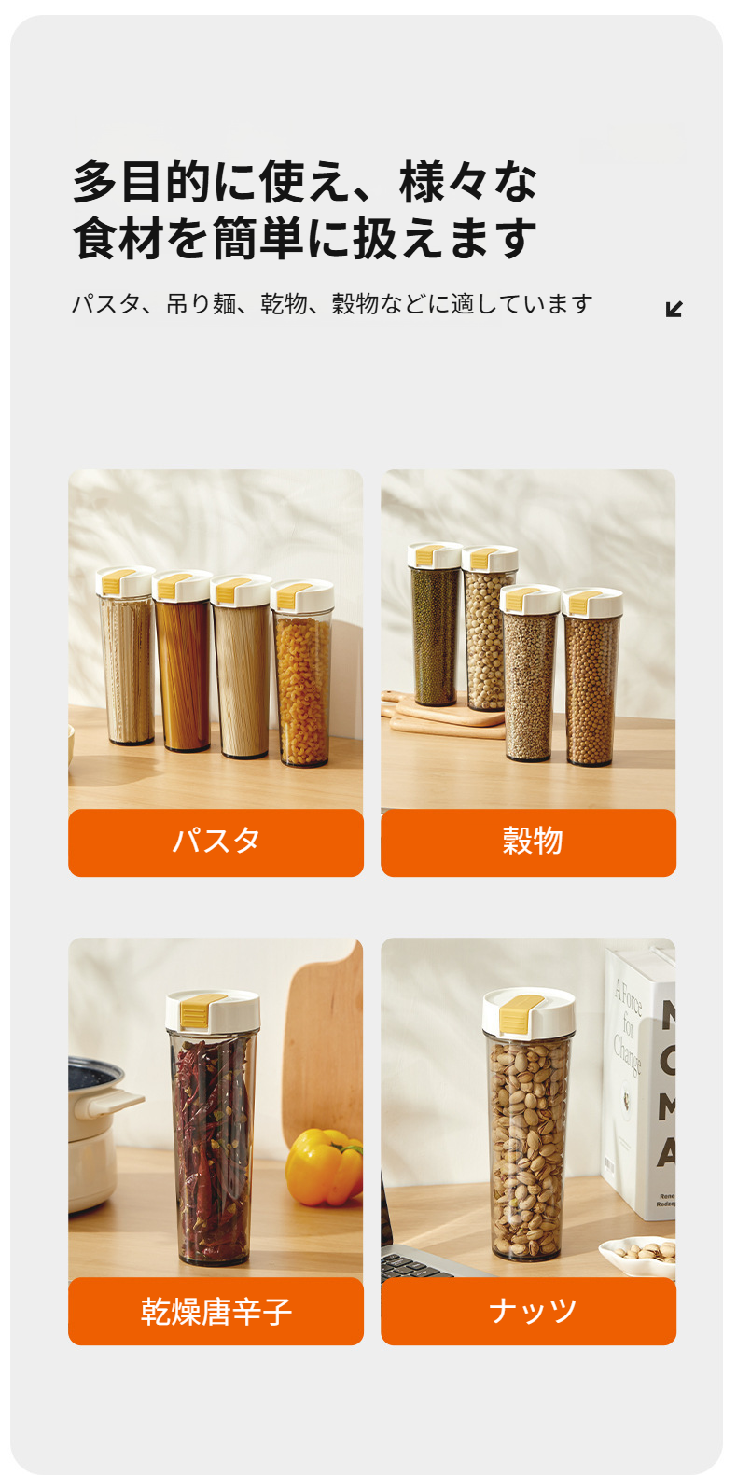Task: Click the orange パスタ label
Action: click(216, 842)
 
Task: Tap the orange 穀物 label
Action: click(528, 842)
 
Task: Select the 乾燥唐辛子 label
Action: click(216, 1311)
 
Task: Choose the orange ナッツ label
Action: click(528, 1311)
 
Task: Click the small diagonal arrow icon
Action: click(674, 309)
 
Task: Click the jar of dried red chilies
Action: click(212, 1148)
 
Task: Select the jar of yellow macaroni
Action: click(302, 686)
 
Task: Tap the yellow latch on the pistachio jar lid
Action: click(516, 1013)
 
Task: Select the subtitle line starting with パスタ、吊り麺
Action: click(332, 304)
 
